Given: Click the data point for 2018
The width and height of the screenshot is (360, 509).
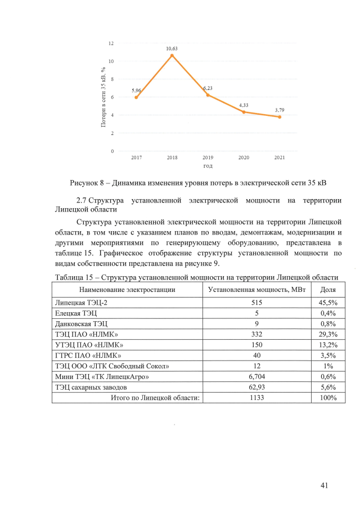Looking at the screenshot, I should point(172,55).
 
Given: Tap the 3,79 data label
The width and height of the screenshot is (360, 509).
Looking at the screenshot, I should point(280,109).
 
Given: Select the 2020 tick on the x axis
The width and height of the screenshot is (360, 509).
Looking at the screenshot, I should point(244,157).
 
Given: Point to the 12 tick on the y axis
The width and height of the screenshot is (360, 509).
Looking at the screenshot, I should point(111,43).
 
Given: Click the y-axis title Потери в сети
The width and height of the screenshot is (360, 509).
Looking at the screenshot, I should point(103,97).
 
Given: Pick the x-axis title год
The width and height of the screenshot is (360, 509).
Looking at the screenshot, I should point(208,166).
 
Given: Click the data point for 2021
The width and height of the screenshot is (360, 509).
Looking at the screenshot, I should point(280,117).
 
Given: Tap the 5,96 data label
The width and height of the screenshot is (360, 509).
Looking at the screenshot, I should point(136,90).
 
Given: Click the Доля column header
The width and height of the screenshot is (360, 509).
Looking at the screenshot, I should point(328,290).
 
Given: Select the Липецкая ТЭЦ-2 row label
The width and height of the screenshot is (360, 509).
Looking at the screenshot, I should point(79,302).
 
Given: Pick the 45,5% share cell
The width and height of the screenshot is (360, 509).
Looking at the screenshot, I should point(328,302).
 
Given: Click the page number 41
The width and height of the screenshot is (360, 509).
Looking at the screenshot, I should point(323,485).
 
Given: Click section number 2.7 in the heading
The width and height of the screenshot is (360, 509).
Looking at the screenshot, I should point(82,200).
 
